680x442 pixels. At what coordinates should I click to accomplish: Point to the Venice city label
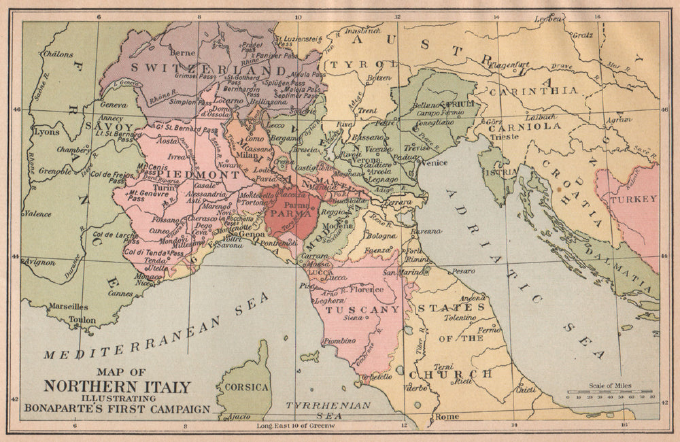[x=434, y=163]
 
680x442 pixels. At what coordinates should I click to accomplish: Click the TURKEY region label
[x=633, y=199]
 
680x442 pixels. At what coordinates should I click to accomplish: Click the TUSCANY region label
[x=362, y=309]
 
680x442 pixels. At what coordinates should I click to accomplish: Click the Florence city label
[x=367, y=290]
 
